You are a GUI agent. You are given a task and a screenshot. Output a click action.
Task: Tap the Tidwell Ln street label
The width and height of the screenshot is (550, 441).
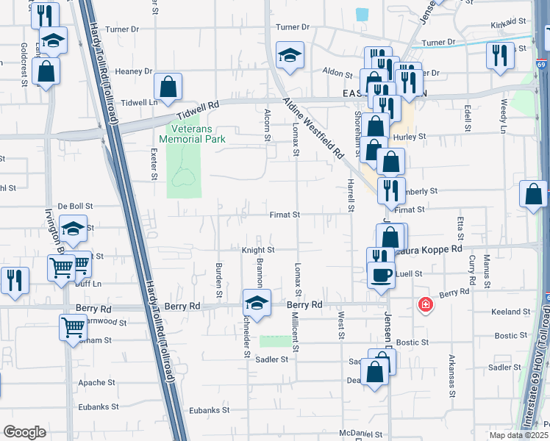click(x=139, y=102)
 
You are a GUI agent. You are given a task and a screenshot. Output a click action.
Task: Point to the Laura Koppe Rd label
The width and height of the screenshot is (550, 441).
click(x=433, y=249)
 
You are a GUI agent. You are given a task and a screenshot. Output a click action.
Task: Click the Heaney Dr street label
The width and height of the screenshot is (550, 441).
click(x=133, y=71)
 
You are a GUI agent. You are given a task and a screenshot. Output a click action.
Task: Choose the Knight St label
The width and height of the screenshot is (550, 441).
click(x=257, y=250)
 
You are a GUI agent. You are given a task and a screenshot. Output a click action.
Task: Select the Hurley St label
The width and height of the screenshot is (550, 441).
click(x=410, y=137)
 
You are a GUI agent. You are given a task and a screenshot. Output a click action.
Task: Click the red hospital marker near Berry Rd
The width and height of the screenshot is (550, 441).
click(x=424, y=304)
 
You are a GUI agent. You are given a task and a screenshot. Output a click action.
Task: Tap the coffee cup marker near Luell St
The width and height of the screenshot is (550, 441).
click(x=380, y=275)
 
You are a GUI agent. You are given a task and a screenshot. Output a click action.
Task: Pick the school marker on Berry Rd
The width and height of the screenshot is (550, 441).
click(x=257, y=302)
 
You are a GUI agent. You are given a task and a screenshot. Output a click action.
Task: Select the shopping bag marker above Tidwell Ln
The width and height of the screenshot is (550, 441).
click(x=168, y=87)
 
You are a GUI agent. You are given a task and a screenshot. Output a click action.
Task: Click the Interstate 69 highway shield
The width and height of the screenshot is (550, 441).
click(x=540, y=65)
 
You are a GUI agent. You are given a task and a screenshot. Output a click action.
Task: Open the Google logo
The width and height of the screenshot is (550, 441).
click(x=24, y=432)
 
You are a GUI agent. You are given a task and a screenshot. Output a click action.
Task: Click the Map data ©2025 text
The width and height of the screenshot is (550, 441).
click(x=518, y=435)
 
